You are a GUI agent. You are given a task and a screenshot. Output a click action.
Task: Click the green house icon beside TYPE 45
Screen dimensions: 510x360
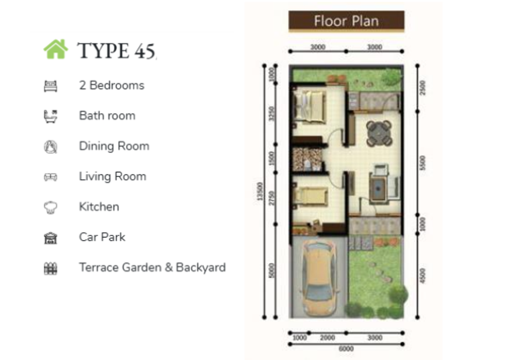pyautogui.click(x=56, y=49)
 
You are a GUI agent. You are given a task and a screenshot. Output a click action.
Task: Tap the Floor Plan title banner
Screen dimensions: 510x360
pyautogui.click(x=347, y=21)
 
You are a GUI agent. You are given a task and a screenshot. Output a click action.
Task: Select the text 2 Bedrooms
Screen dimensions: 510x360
pyautogui.click(x=112, y=85)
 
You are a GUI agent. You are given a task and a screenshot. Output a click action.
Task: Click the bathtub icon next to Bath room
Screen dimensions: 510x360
pyautogui.click(x=50, y=116)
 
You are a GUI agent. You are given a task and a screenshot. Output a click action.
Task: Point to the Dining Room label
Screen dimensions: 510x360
pyautogui.click(x=114, y=146)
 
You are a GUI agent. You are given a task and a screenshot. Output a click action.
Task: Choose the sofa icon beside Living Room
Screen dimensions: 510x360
pyautogui.click(x=50, y=177)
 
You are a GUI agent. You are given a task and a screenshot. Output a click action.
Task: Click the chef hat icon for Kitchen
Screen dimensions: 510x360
pyautogui.click(x=50, y=208)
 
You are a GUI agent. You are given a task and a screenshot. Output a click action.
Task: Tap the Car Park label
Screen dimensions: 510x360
pyautogui.click(x=102, y=237)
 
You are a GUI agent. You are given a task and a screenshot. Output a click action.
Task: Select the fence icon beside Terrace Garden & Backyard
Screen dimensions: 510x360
pyautogui.click(x=50, y=268)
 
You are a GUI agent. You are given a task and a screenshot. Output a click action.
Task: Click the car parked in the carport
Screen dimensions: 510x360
pyautogui.click(x=319, y=278)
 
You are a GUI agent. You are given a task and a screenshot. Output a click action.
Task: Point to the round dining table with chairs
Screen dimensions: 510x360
pyautogui.click(x=379, y=133)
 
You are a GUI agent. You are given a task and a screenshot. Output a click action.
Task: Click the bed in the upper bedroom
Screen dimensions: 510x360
pyautogui.click(x=309, y=107)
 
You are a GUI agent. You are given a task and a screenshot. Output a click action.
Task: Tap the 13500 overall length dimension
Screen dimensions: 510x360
pyautogui.click(x=259, y=192)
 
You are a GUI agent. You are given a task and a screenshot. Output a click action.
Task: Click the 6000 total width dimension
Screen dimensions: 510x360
pyautogui.click(x=346, y=349)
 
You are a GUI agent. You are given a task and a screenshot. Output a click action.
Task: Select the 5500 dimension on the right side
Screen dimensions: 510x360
pyautogui.click(x=422, y=163)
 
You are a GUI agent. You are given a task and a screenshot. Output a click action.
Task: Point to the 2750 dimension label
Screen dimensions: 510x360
pyautogui.click(x=271, y=198)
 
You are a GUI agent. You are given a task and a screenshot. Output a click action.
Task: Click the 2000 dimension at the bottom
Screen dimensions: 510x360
pyautogui.click(x=327, y=338)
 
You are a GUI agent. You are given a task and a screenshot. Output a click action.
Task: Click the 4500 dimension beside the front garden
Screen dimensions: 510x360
pyautogui.click(x=422, y=276)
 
